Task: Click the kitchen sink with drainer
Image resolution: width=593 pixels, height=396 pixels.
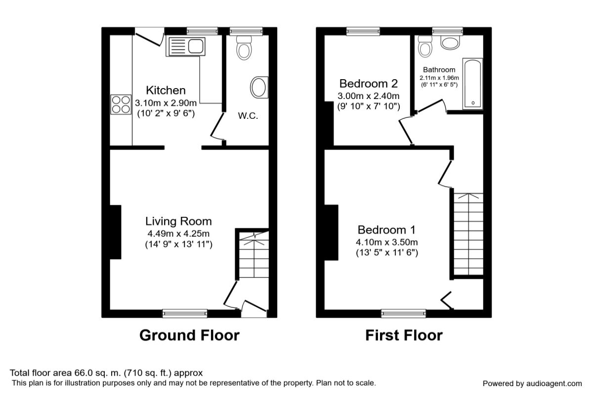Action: tap(186, 47)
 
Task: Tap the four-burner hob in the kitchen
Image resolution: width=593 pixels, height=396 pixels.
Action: tap(121, 104)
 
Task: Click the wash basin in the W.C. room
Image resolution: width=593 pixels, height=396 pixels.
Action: tap(259, 87)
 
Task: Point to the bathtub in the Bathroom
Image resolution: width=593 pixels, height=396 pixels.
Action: tap(472, 84)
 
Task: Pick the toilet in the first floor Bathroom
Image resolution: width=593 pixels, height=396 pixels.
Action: tap(425, 47)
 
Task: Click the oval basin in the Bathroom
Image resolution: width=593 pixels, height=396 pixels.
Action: tap(450, 43)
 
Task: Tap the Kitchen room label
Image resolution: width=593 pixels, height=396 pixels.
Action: tap(166, 90)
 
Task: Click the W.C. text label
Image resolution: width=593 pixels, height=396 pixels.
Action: tap(248, 116)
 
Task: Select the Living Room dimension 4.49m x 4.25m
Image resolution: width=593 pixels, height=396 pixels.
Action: tap(178, 234)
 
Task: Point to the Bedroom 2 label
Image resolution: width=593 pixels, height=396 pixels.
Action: tap(369, 84)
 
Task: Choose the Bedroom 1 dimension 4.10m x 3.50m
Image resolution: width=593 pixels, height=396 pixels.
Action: tap(387, 242)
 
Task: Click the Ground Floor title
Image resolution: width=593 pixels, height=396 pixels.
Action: tap(190, 335)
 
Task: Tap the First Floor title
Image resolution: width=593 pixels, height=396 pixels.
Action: tap(404, 335)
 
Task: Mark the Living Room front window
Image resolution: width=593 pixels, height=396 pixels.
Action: tap(185, 313)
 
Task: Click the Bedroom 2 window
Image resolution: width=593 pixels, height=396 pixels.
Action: tap(363, 31)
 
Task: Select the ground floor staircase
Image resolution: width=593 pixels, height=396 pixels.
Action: tap(254, 254)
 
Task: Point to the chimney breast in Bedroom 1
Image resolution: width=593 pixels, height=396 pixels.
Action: tap(331, 232)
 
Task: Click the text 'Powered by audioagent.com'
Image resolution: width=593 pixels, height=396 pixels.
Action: tap(532, 384)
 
